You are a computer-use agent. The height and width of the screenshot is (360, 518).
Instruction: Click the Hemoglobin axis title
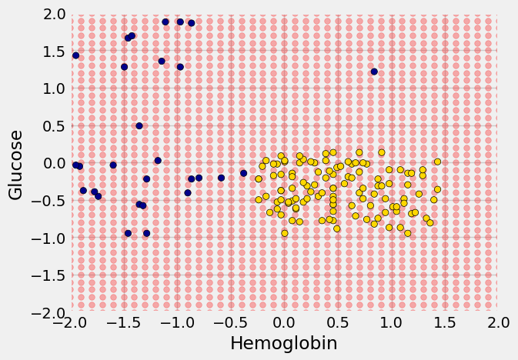coord(284,344)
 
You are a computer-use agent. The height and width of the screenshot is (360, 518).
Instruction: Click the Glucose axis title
coord(16,165)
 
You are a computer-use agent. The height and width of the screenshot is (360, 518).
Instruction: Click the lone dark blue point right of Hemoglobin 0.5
coord(374,72)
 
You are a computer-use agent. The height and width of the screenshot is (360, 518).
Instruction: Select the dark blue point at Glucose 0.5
coord(139,126)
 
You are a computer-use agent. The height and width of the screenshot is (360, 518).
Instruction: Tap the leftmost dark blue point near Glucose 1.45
coord(75,55)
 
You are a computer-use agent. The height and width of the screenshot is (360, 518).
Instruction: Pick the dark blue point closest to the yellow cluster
coord(244,173)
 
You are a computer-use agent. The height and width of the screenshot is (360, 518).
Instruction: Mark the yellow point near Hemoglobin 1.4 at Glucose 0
coord(437,162)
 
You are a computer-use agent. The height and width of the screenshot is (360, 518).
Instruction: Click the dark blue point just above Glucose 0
coord(158,161)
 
